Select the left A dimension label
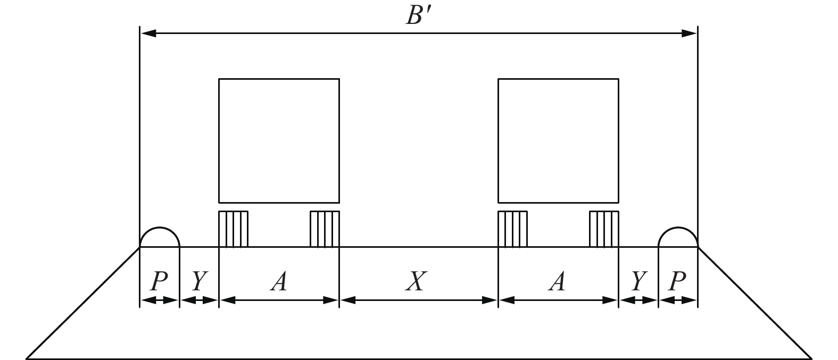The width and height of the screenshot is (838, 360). [278, 281]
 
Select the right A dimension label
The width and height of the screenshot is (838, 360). [557, 281]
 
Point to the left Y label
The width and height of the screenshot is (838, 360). [198, 281]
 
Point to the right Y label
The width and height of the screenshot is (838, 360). [638, 281]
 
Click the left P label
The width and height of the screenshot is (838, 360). [159, 281]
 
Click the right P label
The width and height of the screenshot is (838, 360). [677, 281]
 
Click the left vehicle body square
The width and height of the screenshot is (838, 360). [279, 140]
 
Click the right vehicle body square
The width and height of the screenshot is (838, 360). [558, 140]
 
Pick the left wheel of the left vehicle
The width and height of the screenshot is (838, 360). [234, 229]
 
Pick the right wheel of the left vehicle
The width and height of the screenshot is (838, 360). [325, 229]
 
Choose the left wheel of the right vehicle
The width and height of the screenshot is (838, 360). [512, 229]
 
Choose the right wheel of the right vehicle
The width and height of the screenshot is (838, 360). [604, 229]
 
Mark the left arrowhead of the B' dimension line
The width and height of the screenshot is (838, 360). [147, 34]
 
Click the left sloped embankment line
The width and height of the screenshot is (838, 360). [82, 303]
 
